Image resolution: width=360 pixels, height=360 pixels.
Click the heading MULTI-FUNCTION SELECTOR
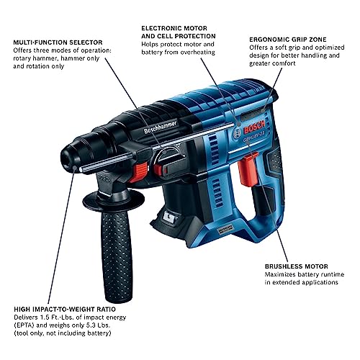[x=58, y=42]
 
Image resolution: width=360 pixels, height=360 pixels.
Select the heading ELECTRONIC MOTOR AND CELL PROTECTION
[x=179, y=32]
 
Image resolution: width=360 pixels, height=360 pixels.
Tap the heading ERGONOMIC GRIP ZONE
[x=288, y=40]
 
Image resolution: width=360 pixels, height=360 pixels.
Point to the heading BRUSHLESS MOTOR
[x=297, y=266]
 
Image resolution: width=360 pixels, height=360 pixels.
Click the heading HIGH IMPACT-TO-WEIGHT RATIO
[x=65, y=309]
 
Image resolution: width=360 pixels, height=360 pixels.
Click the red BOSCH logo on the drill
[x=254, y=127]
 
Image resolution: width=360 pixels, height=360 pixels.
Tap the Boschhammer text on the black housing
[x=161, y=127]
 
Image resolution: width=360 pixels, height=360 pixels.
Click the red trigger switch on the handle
[x=248, y=171]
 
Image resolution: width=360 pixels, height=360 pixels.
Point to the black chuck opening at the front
[x=68, y=158]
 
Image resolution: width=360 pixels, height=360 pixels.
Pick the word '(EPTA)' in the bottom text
[x=24, y=325]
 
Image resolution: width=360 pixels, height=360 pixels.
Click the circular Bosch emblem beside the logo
[x=237, y=134]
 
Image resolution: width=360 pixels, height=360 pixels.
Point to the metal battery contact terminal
[x=170, y=217]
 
